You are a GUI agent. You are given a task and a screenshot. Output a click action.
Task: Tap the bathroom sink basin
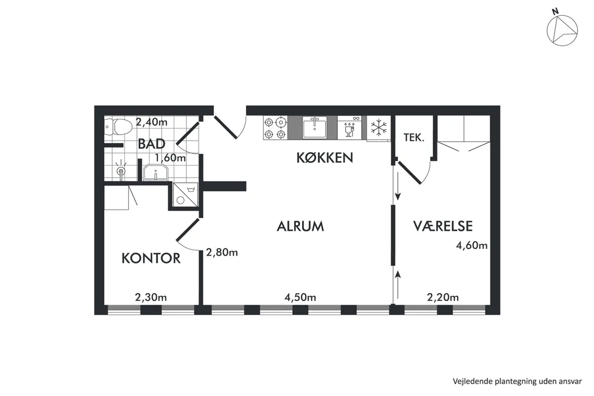(x=156, y=173)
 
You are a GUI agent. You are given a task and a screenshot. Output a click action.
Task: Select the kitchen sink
(x=315, y=127)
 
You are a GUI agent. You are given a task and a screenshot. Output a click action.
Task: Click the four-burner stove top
(x=275, y=128)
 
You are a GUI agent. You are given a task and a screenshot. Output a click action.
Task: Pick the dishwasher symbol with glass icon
(x=349, y=127)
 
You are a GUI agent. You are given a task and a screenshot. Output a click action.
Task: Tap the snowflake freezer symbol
(x=378, y=127)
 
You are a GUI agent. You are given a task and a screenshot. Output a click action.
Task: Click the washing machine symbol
(x=185, y=195)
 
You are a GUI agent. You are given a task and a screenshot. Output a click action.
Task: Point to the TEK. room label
(x=414, y=137)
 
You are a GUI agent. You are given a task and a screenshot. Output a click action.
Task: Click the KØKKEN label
(x=325, y=158)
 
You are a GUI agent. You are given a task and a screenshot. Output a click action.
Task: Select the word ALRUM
(x=300, y=226)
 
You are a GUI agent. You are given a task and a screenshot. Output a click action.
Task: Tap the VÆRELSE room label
(x=443, y=226)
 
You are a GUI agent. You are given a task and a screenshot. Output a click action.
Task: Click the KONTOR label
(x=151, y=259)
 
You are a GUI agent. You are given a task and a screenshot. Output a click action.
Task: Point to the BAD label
(x=152, y=144)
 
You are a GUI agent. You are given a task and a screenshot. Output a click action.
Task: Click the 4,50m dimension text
(x=300, y=298)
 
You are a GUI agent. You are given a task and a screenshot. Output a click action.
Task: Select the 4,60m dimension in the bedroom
(x=472, y=246)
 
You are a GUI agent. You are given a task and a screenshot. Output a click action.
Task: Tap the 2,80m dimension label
(x=222, y=252)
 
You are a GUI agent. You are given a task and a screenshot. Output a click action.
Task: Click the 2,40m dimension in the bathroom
(x=152, y=122)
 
